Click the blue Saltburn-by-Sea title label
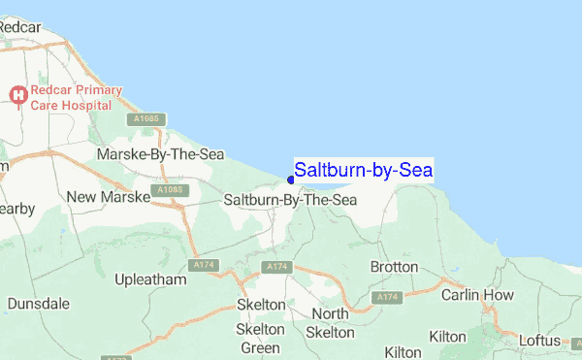(x=364, y=170)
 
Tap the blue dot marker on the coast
(x=291, y=180)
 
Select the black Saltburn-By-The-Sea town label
(x=290, y=200)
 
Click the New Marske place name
(x=108, y=197)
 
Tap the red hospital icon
(x=16, y=94)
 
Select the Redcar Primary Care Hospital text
(x=76, y=97)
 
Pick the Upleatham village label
(x=149, y=279)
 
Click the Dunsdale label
(x=38, y=304)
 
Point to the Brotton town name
(x=394, y=266)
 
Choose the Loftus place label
(x=540, y=341)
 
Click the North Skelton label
(x=330, y=323)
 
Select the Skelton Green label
(x=260, y=339)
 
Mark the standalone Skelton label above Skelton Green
(x=261, y=305)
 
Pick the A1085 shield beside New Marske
(x=167, y=190)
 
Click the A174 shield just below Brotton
(x=387, y=296)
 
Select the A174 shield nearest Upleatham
(x=203, y=265)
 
